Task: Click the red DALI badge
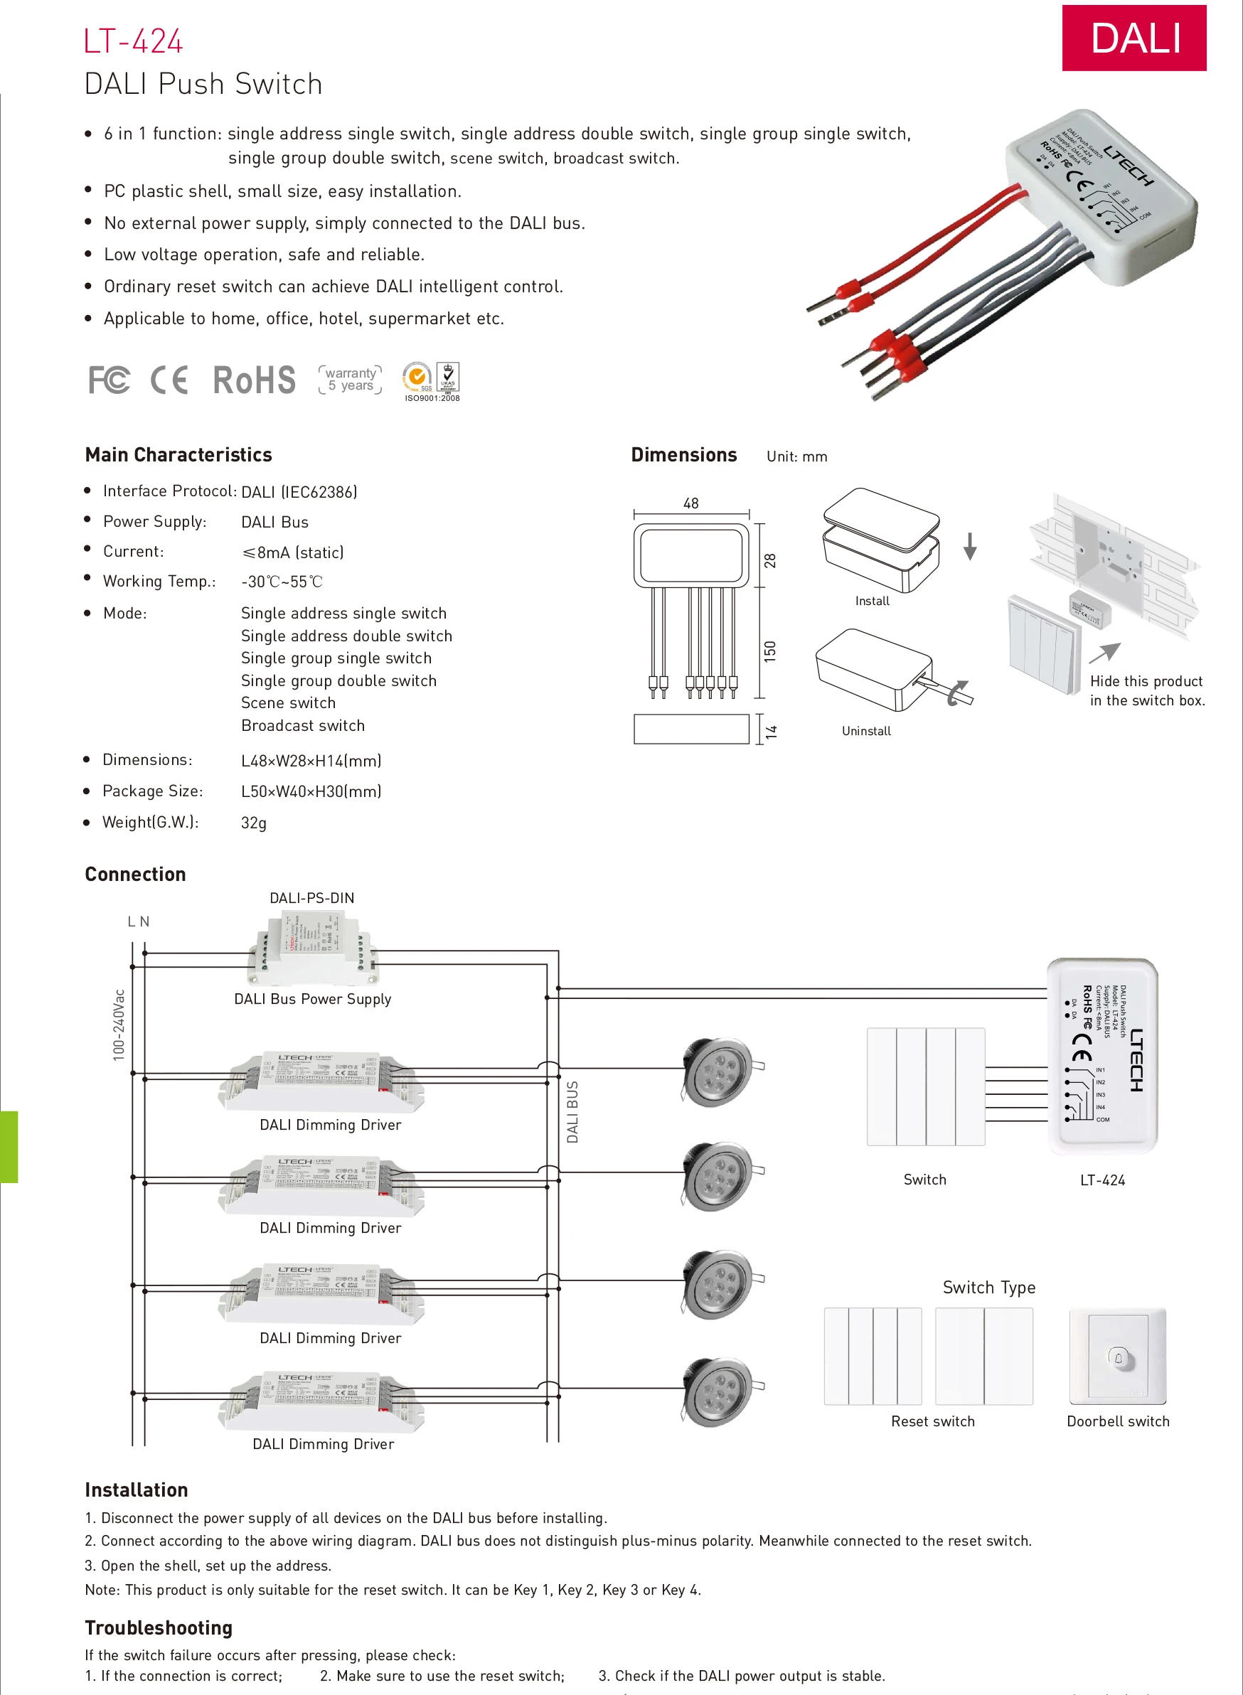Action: tap(1133, 38)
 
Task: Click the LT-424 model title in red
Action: tap(133, 41)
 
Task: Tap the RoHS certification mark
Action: tap(255, 380)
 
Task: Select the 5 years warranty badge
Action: tap(351, 379)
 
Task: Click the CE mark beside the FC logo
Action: tap(169, 380)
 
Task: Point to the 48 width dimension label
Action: tap(690, 503)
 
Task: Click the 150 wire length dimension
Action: tap(769, 651)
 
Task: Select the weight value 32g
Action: tap(254, 823)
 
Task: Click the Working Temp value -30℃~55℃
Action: tap(282, 582)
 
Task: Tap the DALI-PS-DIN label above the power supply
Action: tap(311, 897)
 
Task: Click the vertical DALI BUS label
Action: tap(572, 1112)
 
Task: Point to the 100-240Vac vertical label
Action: tap(119, 1025)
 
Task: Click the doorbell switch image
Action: tap(1117, 1356)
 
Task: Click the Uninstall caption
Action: tap(866, 730)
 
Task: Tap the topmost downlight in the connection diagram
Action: tap(718, 1069)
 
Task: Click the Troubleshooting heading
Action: tap(159, 1627)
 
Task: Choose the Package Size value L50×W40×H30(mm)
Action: tap(311, 791)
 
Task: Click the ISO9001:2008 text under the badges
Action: tap(432, 398)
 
